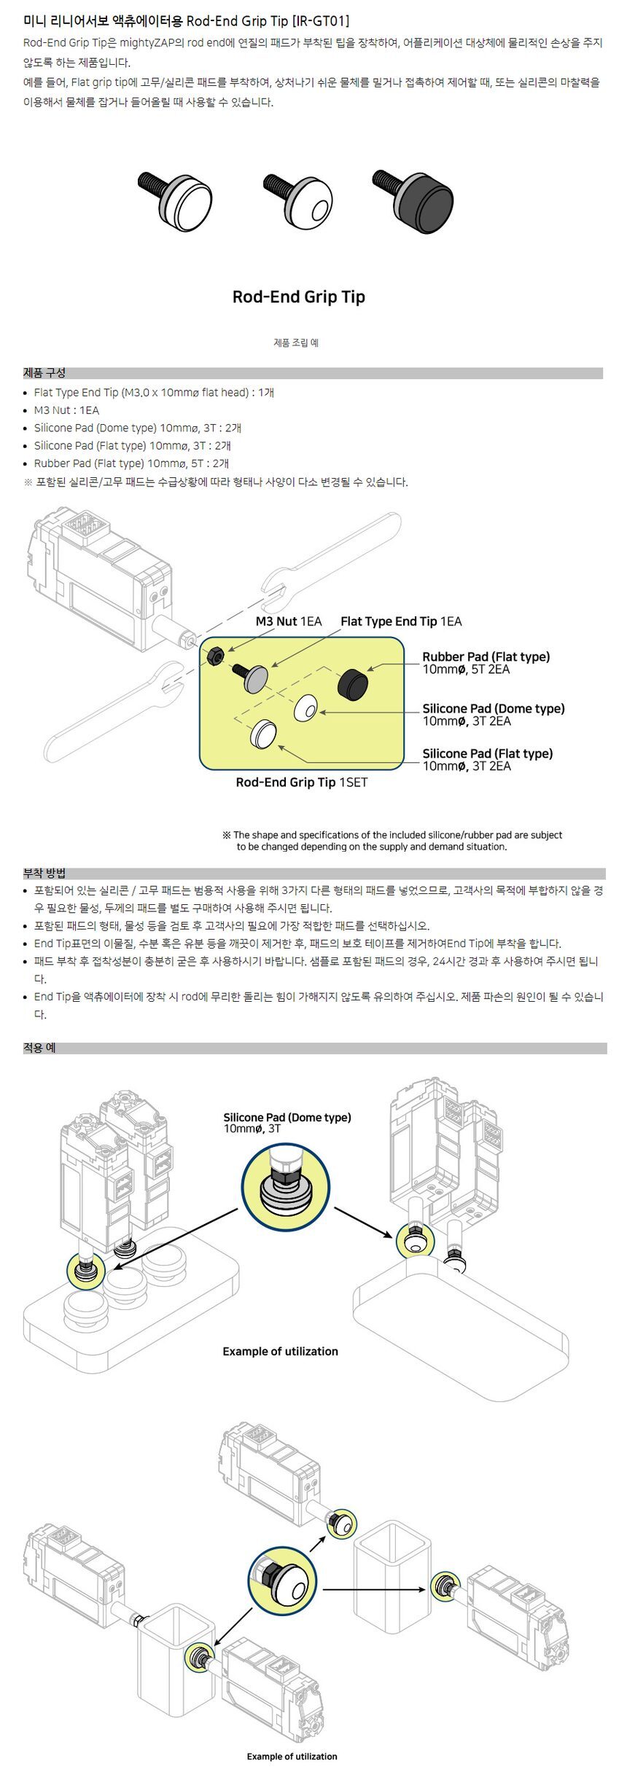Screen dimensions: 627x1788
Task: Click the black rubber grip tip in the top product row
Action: coord(413,201)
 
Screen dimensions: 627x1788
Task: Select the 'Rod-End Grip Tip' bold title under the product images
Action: coord(298,297)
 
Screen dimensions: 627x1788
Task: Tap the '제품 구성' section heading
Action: coord(44,373)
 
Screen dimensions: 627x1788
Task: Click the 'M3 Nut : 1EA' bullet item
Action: coord(66,410)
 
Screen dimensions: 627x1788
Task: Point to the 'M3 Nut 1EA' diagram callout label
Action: coord(288,622)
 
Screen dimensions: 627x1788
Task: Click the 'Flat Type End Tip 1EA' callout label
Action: coord(401,622)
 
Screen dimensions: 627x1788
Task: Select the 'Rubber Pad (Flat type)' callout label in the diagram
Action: coord(486,656)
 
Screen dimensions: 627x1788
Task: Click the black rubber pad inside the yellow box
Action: coord(353,683)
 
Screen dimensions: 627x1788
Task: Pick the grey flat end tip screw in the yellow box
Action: coord(250,677)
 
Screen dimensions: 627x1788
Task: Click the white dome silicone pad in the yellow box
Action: coord(306,708)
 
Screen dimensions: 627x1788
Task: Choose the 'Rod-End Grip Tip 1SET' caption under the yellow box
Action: coord(302,783)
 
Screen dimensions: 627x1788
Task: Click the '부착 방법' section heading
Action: coord(44,873)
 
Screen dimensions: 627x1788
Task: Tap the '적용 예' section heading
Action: coord(39,1048)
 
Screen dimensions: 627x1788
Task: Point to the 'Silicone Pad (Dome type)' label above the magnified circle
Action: coord(287,1118)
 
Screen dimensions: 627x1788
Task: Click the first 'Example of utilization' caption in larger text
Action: coord(281,1352)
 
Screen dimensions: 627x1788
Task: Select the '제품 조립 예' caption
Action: coord(296,342)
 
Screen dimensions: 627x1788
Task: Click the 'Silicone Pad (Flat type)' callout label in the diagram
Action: coord(488,753)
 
